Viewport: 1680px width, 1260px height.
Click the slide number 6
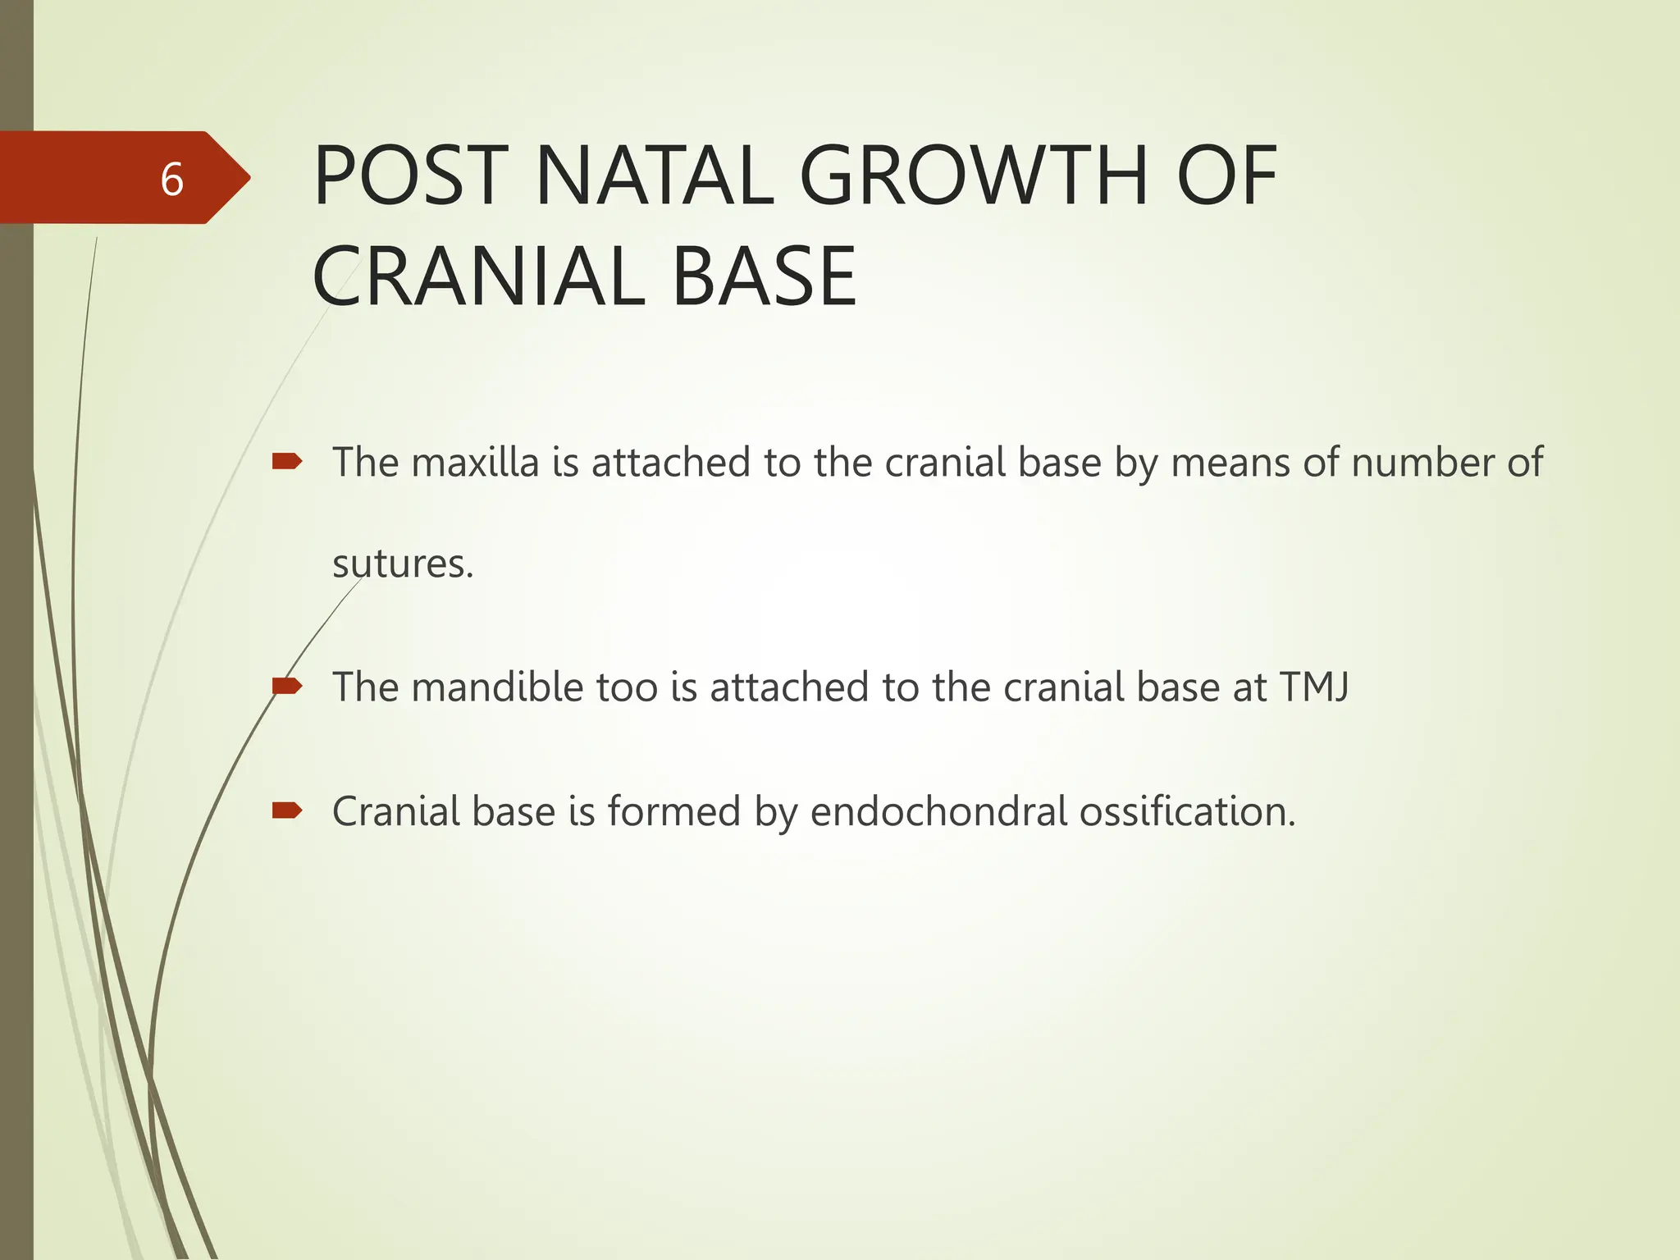point(171,180)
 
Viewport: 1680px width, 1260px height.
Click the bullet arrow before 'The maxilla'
point(287,462)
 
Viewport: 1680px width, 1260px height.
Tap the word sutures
point(403,564)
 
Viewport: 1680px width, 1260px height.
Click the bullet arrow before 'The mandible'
point(287,686)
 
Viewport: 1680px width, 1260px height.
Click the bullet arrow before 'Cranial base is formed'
point(287,811)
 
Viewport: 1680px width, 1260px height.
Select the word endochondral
point(938,811)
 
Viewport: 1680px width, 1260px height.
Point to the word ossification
point(1186,811)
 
